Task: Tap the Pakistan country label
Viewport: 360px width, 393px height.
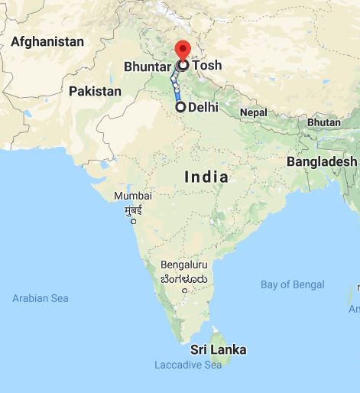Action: click(x=95, y=91)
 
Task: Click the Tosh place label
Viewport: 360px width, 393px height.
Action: click(x=206, y=65)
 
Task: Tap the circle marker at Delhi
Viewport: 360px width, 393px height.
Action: click(x=180, y=108)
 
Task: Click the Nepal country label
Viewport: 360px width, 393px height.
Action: click(x=253, y=112)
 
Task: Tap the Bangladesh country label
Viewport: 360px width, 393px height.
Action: click(x=321, y=161)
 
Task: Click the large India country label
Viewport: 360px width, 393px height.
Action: click(x=206, y=177)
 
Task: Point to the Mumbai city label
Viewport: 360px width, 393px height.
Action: click(x=133, y=196)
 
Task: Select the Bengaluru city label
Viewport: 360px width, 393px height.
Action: click(x=184, y=265)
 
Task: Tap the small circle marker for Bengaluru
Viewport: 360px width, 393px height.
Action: click(x=183, y=290)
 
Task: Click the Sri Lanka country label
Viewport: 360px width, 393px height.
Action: click(x=219, y=349)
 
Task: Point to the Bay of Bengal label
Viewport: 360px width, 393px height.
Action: click(x=292, y=284)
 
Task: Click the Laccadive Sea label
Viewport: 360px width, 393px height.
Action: click(x=187, y=365)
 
